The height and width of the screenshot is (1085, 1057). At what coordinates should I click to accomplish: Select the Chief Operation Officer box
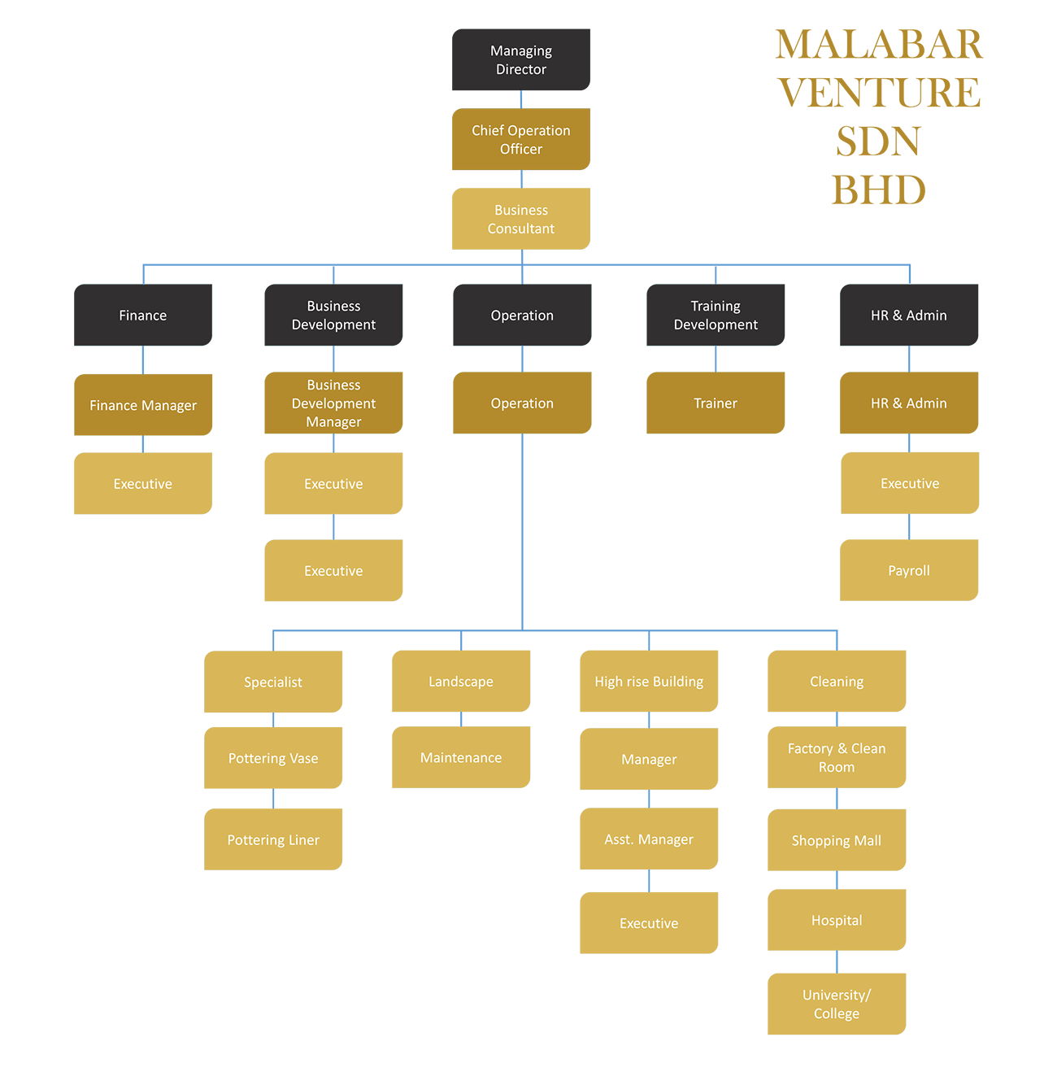coord(521,140)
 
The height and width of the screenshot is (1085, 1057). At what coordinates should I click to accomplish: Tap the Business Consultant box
coord(521,220)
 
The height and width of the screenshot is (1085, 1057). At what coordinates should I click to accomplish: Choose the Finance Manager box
coord(143,405)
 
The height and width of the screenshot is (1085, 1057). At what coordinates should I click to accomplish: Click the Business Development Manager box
coord(333,403)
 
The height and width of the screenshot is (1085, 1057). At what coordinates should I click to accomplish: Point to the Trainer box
coord(716,403)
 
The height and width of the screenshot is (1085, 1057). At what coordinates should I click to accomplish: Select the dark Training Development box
coord(716,316)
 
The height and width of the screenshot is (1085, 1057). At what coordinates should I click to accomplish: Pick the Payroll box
coord(909,571)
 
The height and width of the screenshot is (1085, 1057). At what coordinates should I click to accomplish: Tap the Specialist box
coord(273,682)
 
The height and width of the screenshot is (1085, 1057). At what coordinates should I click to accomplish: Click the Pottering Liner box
coord(273,840)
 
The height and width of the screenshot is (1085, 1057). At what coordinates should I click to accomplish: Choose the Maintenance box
coord(461,758)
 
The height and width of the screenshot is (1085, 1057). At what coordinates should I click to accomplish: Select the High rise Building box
coord(649,682)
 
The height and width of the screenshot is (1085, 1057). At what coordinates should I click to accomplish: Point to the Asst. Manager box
coord(649,839)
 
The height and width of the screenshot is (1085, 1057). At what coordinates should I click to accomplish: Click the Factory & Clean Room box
coord(837,758)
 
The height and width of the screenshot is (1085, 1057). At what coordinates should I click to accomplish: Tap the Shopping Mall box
coord(837,841)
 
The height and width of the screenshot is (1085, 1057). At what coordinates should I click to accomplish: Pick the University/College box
coord(837,1004)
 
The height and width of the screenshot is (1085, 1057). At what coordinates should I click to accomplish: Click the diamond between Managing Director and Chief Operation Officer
coord(521,99)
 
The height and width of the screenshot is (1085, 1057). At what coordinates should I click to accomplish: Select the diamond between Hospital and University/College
coord(837,962)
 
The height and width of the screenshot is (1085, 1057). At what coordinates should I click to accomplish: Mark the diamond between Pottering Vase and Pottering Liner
coord(273,799)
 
